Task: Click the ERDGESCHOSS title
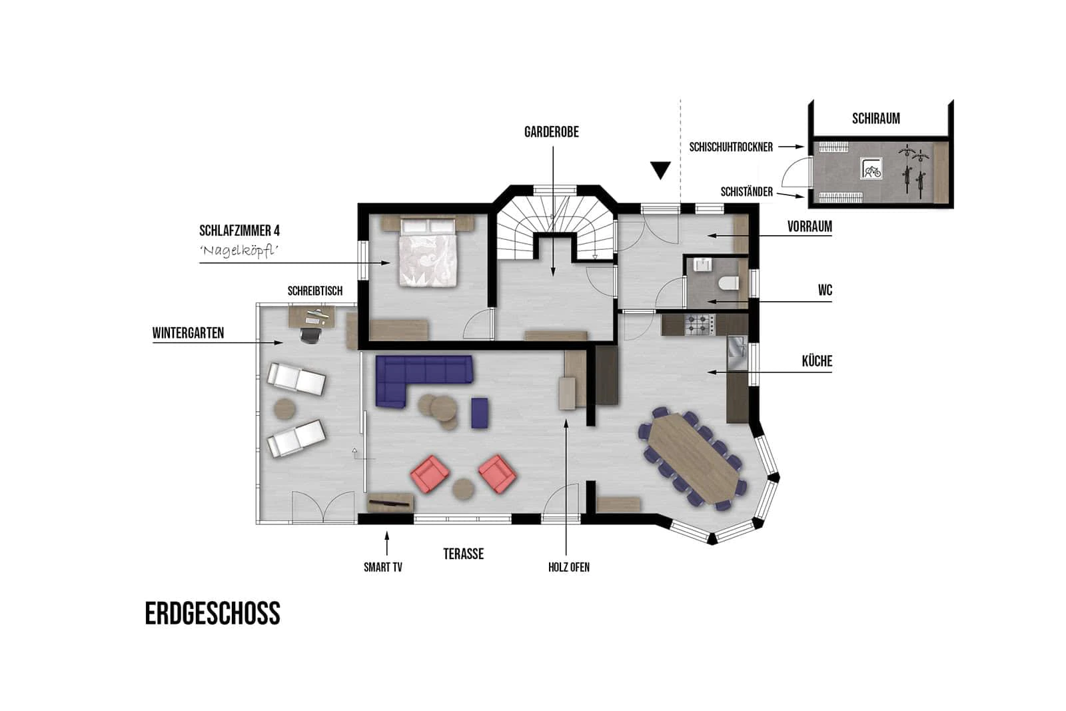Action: (213, 613)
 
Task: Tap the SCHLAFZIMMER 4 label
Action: (239, 231)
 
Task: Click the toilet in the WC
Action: (729, 283)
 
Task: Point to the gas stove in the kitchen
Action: (700, 324)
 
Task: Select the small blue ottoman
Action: (480, 412)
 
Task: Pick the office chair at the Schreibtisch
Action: (310, 333)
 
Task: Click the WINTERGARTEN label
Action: (188, 333)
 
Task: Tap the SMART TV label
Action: (382, 567)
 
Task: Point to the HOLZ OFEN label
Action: (569, 567)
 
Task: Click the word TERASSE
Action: (464, 554)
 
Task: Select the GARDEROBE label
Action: (552, 132)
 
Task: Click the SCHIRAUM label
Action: (875, 119)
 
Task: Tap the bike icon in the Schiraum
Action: (871, 169)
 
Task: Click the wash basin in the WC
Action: (702, 264)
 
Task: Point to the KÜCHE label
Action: (817, 361)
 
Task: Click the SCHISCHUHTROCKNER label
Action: (731, 147)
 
